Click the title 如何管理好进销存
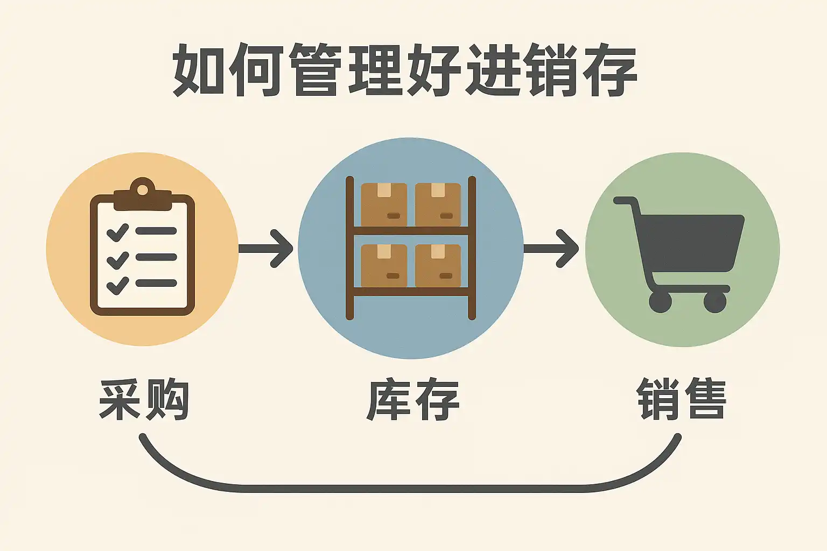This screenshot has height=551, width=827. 405,70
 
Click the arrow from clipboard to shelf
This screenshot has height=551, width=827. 267,248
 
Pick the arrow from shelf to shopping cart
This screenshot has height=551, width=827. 551,248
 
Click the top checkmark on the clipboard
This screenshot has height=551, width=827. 117,232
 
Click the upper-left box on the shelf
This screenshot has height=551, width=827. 384,204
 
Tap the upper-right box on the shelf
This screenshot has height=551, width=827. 438,204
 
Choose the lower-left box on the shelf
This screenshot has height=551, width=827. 384,265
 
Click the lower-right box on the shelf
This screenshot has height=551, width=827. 438,265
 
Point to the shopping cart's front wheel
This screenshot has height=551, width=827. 715,302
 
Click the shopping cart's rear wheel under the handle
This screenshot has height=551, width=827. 660,302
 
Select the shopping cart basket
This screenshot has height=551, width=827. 689,242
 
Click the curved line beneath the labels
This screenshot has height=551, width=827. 409,488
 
